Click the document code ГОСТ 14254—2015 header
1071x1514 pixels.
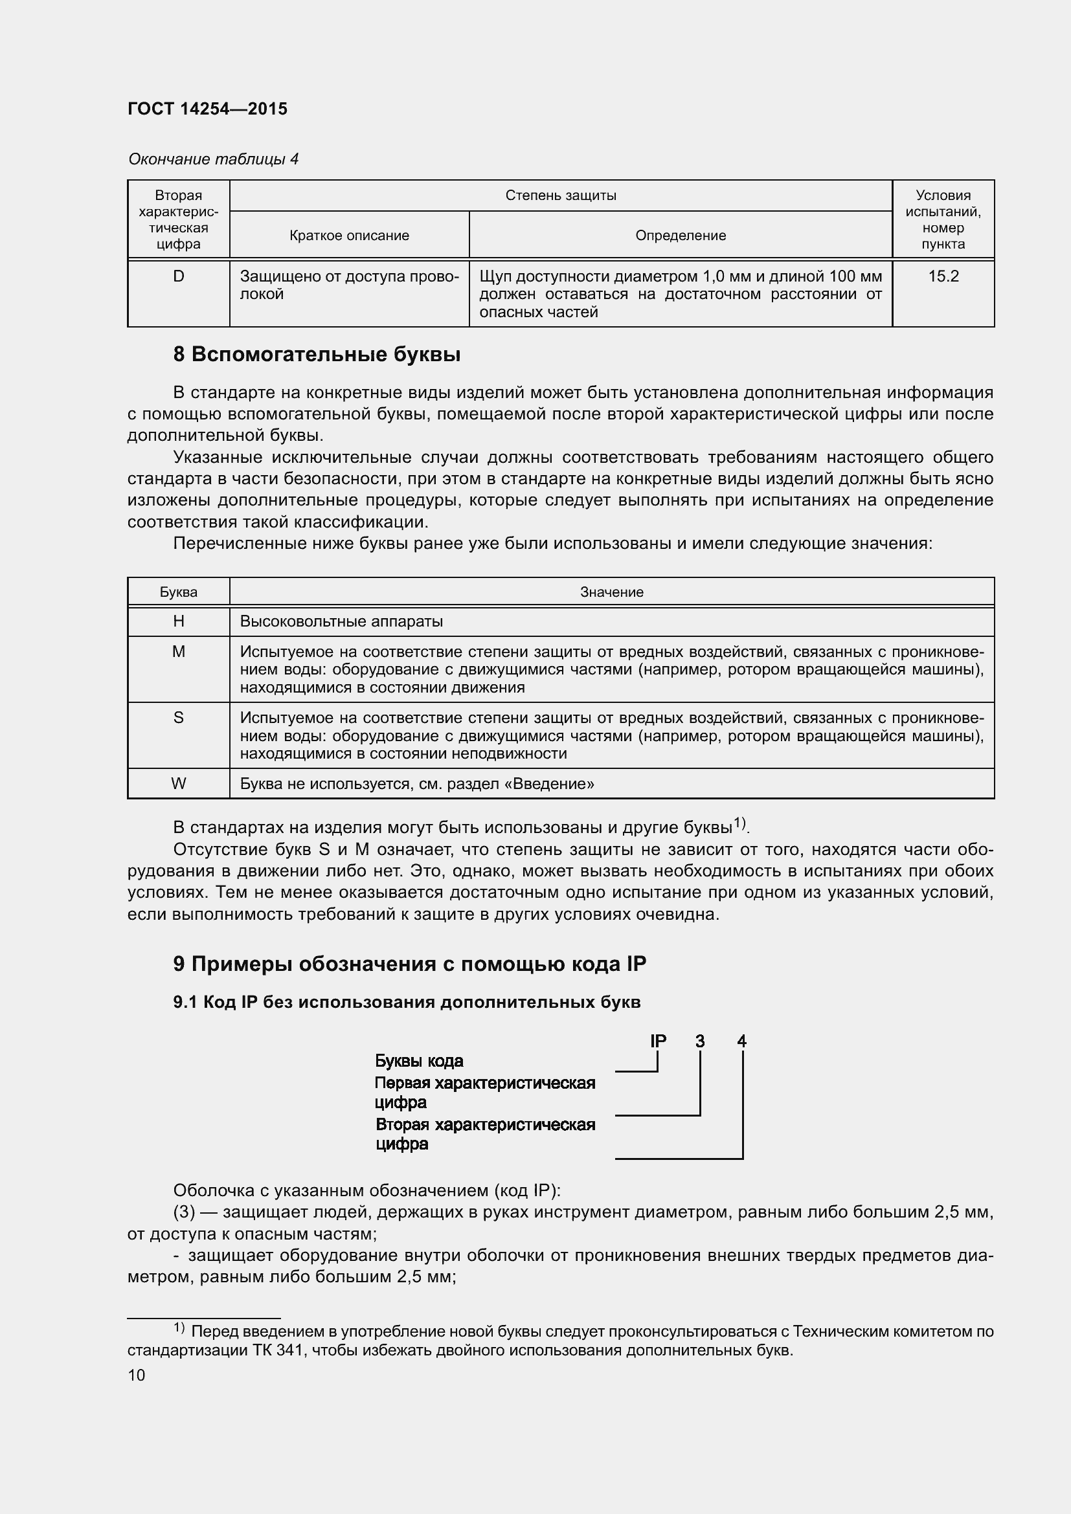[x=207, y=109]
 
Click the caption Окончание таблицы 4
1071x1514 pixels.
[x=213, y=159]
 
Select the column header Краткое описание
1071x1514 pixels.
[x=349, y=236]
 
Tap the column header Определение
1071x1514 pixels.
[x=680, y=236]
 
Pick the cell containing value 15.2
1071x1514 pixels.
[x=943, y=276]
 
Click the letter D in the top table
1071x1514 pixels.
[x=178, y=276]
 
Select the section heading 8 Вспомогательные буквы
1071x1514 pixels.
[x=317, y=355]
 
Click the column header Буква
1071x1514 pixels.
[x=178, y=592]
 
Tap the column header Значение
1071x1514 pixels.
[x=611, y=592]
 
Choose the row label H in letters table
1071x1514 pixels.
[x=178, y=621]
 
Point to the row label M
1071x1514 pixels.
[x=178, y=652]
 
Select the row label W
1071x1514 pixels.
[x=178, y=783]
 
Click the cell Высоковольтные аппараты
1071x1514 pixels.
[x=341, y=621]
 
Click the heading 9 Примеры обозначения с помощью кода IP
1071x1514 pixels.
[x=409, y=964]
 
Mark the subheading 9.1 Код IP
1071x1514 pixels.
[x=406, y=1002]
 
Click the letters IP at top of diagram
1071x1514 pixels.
[x=657, y=1041]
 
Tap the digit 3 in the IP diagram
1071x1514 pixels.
[x=700, y=1041]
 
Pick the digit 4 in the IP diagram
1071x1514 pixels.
[x=742, y=1041]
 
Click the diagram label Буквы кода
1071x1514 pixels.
[x=419, y=1061]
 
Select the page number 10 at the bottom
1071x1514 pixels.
[x=137, y=1375]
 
